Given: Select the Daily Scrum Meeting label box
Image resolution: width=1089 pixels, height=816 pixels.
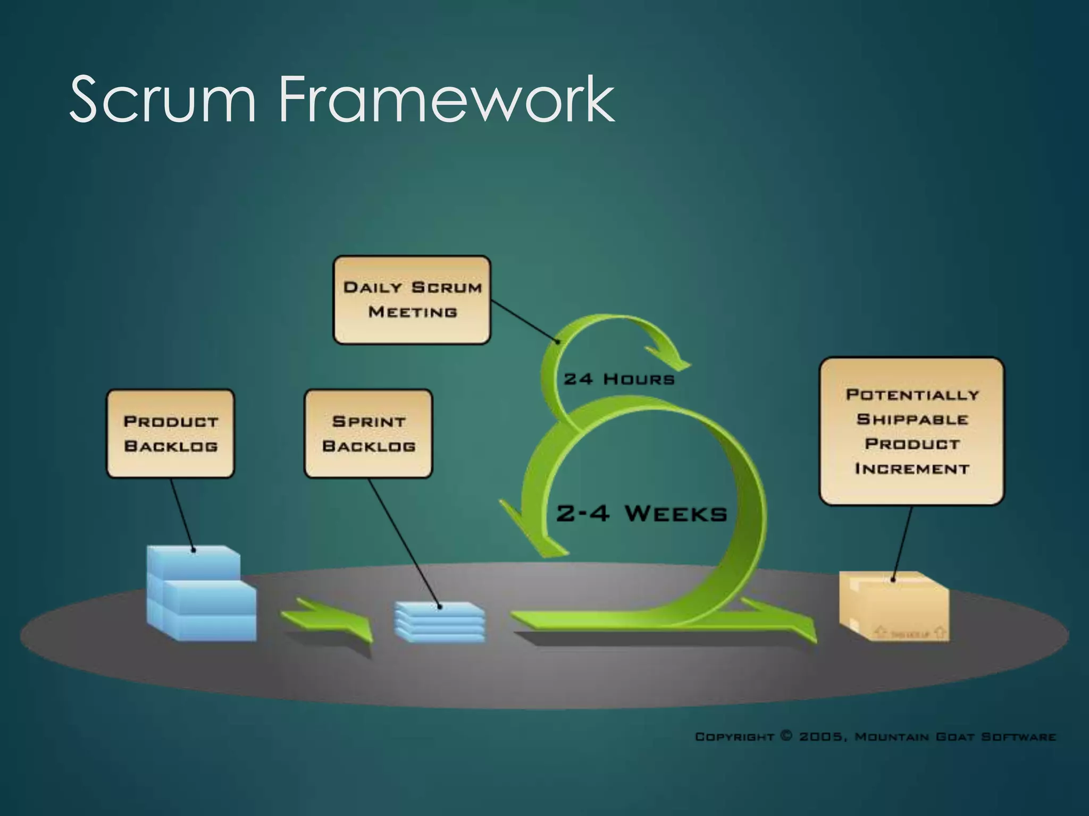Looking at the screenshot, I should coord(412,300).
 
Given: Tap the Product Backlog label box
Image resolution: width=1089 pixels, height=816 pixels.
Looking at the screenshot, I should coord(170,433).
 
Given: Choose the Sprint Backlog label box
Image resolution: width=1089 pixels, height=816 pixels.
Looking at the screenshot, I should coord(368,433).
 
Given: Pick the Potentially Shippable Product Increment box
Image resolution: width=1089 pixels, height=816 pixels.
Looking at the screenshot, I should coord(911,431).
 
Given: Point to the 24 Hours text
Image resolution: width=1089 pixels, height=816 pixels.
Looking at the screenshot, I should coord(619,379).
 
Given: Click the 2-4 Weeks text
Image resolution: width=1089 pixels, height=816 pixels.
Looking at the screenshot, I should coord(641,514).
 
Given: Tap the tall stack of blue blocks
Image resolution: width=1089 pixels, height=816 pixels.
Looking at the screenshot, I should coord(201,595).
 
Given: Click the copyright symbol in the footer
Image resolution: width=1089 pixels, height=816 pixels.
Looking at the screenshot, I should coord(786,736).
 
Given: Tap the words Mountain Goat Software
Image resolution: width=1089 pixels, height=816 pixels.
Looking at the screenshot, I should coord(955,737).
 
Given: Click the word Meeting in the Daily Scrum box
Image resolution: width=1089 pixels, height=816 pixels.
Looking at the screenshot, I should coord(413,312).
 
